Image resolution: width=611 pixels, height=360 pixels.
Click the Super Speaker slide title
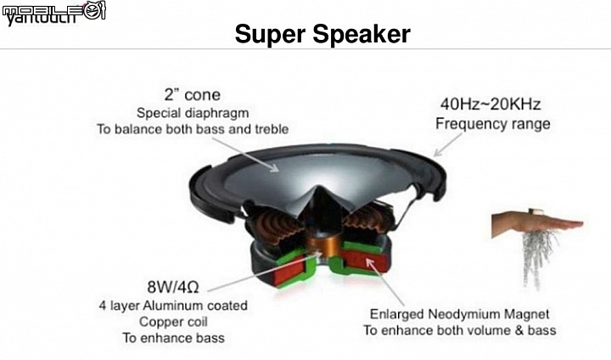322,34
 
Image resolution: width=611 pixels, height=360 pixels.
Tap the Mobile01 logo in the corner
53,13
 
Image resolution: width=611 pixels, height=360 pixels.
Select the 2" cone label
192,95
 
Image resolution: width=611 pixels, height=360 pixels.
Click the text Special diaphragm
193,113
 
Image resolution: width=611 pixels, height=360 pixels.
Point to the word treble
272,129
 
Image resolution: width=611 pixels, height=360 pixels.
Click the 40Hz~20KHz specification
490,104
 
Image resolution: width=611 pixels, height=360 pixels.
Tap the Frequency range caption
493,124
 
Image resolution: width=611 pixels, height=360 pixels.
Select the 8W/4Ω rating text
173,288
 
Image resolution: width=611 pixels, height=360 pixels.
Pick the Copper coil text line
173,322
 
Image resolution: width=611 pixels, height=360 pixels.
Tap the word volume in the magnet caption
486,330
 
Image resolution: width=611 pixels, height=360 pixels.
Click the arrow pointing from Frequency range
448,144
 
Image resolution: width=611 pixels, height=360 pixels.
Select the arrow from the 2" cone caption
245,155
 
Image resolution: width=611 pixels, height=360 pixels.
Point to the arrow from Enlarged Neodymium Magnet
385,281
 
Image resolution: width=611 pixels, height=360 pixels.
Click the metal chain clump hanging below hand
540,257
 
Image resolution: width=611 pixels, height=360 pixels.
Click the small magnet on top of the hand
535,211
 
